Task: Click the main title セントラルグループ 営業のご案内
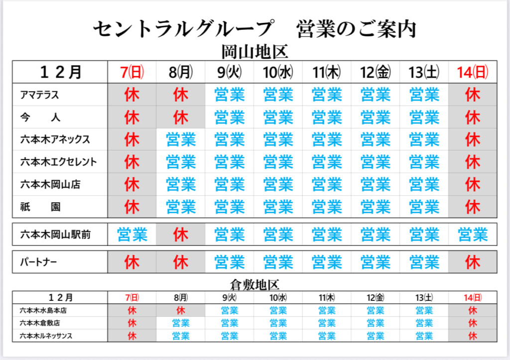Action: coord(255,29)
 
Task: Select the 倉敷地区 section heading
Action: coord(255,284)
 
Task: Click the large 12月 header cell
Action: coord(60,72)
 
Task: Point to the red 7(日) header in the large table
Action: coord(132,72)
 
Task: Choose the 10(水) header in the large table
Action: coord(278,72)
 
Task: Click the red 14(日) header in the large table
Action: coord(473,72)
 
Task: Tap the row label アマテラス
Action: coord(40,95)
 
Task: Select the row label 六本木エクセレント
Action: coord(58,162)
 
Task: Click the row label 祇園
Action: coord(40,207)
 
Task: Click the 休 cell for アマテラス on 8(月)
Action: coord(181,95)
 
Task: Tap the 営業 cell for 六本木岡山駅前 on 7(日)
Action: coord(132,234)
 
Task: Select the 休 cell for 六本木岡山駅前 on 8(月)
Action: coord(181,234)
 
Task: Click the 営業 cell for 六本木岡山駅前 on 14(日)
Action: coord(473,234)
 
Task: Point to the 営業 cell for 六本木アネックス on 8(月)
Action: coord(181,139)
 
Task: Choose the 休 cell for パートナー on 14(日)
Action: coord(473,262)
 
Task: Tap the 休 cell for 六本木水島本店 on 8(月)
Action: coord(181,310)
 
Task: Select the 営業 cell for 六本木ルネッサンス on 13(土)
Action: coord(424,336)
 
